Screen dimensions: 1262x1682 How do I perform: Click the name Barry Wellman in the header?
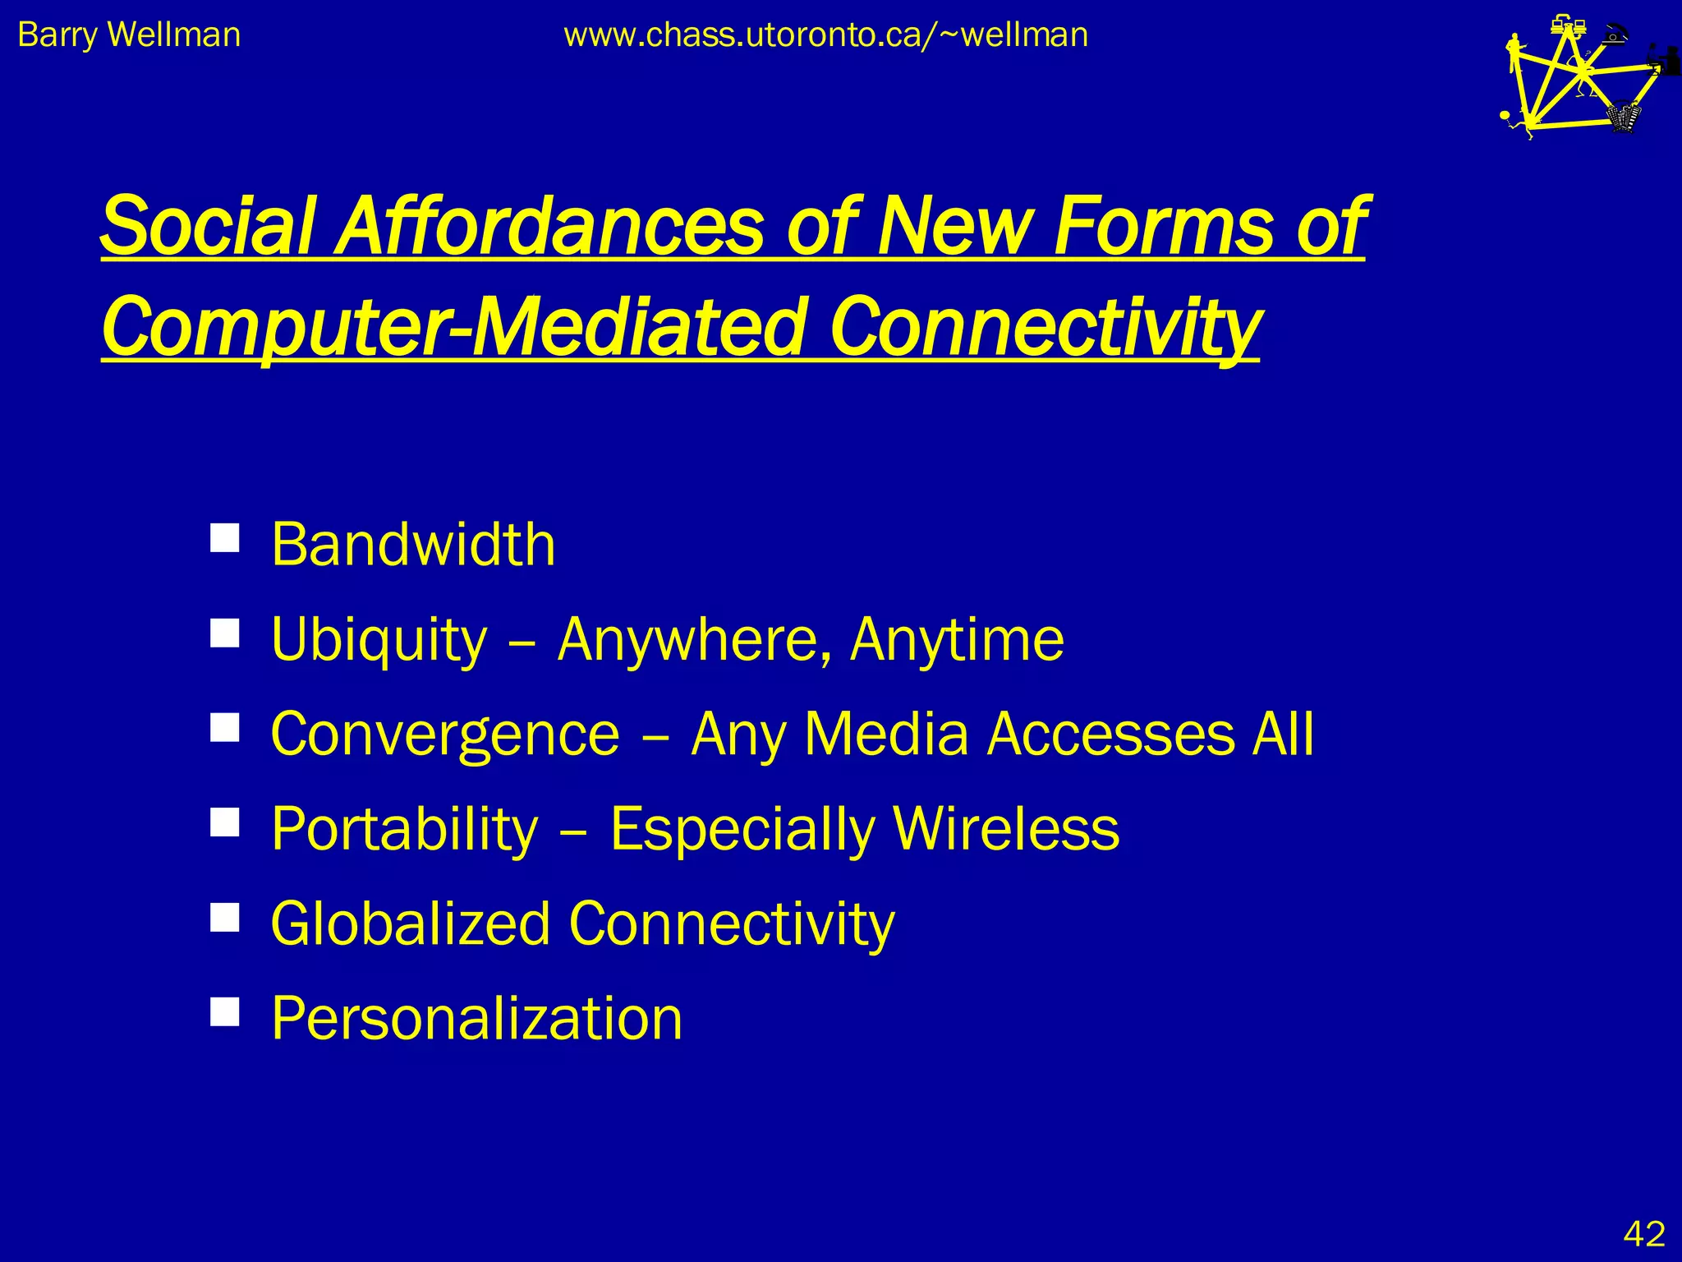[x=129, y=35]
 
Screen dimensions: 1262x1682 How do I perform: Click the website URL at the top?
[x=825, y=35]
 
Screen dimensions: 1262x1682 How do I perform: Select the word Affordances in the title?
[x=551, y=226]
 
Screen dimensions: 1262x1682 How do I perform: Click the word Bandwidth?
[x=413, y=545]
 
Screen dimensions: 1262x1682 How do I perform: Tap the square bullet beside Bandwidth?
[x=224, y=538]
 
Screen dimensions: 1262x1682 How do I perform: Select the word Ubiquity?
[x=379, y=640]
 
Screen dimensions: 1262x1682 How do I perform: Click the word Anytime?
[x=957, y=639]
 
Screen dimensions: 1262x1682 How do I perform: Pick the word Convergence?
[x=445, y=735]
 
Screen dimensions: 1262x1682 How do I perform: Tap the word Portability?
[x=404, y=829]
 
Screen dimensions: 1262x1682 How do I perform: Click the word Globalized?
[x=410, y=923]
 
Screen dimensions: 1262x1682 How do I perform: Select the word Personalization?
[x=476, y=1019]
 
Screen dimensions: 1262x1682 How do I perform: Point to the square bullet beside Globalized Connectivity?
[x=224, y=917]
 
